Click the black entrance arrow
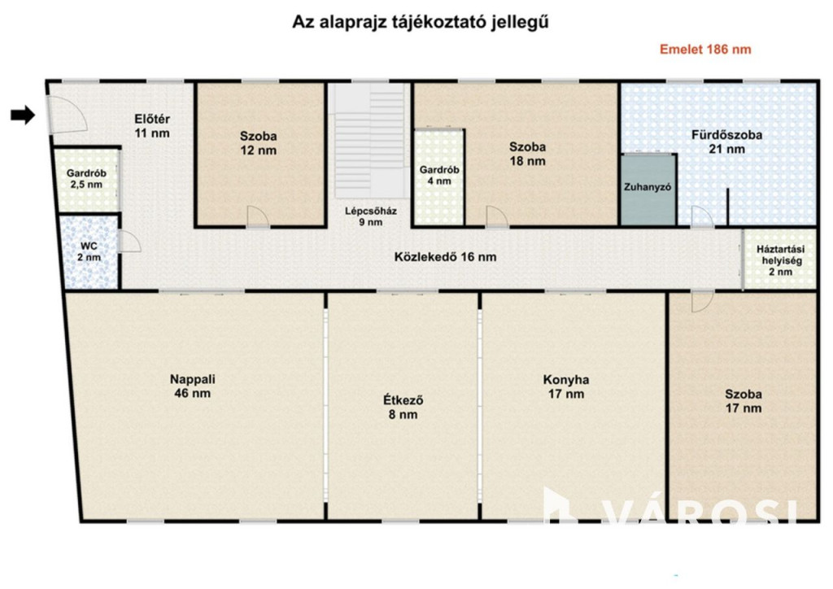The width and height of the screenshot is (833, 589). (x=23, y=114)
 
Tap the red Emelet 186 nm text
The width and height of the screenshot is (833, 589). (x=705, y=50)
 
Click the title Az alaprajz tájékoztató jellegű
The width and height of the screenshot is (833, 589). (x=421, y=22)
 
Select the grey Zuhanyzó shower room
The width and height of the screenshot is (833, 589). (x=648, y=189)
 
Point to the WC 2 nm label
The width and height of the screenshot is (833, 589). (x=89, y=251)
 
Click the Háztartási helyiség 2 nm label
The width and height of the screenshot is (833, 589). (x=780, y=260)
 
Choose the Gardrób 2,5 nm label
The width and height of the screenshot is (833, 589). (x=86, y=179)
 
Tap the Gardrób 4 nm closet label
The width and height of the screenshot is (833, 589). (x=439, y=175)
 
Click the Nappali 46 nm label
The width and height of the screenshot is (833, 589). (x=192, y=386)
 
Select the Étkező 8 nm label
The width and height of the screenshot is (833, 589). (x=403, y=407)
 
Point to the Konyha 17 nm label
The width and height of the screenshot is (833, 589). (x=566, y=386)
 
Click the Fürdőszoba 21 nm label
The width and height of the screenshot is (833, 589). (x=726, y=142)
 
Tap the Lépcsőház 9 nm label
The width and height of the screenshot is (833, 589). (x=371, y=216)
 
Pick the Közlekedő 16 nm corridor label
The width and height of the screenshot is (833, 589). (x=445, y=257)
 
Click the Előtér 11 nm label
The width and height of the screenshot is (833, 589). (x=152, y=126)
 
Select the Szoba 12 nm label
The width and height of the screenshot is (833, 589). (x=258, y=143)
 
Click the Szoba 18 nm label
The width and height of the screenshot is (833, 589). (x=527, y=154)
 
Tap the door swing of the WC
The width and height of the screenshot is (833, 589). (x=130, y=242)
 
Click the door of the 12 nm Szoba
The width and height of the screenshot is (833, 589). (x=258, y=216)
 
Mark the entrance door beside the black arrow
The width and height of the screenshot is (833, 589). (x=65, y=114)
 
